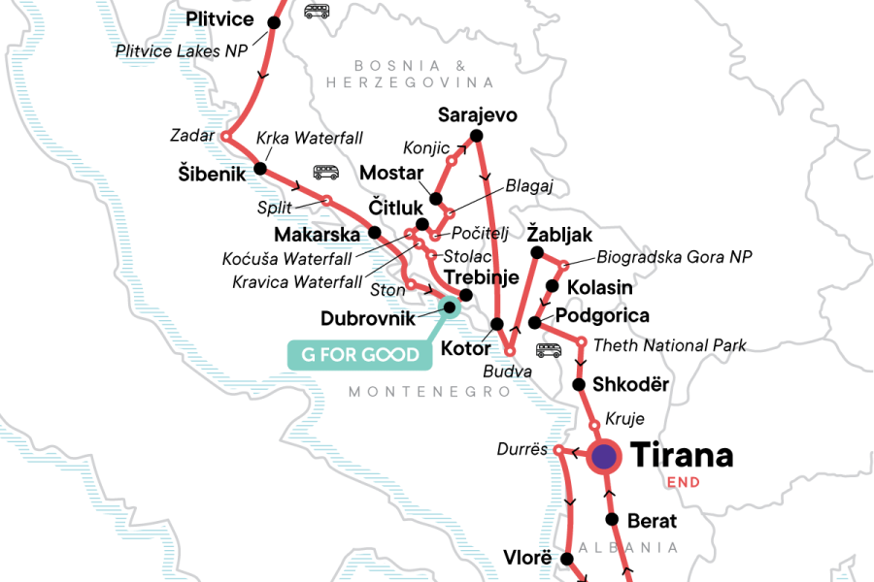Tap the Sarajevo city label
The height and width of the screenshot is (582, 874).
[477, 114]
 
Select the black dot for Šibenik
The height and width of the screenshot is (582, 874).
[259, 169]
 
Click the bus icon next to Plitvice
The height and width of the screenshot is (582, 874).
[316, 12]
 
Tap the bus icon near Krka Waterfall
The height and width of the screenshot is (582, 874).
[325, 172]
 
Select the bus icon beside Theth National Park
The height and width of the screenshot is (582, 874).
[549, 350]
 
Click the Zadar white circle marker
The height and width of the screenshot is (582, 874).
[225, 137]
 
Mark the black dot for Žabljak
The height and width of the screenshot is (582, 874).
[536, 253]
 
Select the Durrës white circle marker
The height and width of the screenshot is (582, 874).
[558, 450]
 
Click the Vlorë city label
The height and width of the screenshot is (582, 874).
[527, 558]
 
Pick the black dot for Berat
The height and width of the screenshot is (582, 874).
[613, 520]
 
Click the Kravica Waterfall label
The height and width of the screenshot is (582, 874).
[297, 282]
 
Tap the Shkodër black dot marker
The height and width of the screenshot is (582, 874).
[580, 384]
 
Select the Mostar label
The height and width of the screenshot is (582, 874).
[391, 173]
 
